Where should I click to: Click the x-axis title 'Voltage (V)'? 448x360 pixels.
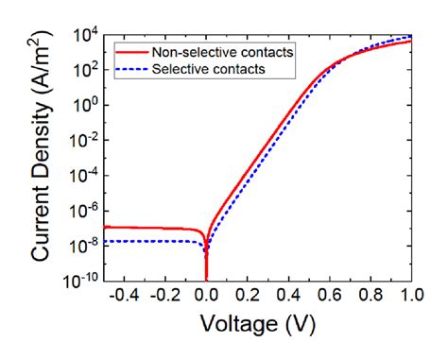256,324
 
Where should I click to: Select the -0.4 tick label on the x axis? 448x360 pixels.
123,296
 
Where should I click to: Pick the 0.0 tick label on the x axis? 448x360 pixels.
206,296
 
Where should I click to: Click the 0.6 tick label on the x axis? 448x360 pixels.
329,296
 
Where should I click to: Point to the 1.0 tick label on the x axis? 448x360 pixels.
409,296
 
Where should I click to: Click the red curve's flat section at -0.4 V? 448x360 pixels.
124,228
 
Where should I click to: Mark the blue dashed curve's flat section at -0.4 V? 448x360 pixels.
124,241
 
